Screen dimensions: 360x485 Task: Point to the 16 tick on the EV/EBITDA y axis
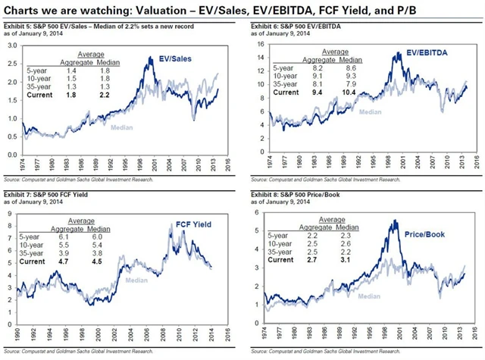pos(255,46)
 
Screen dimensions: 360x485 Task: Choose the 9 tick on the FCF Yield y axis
pos(11,215)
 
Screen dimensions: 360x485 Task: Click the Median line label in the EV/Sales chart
pos(121,127)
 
